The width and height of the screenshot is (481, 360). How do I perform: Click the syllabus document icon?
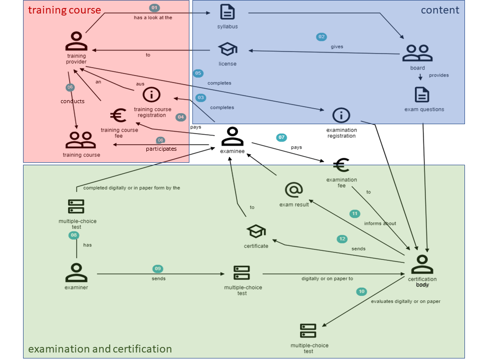pyautogui.click(x=227, y=12)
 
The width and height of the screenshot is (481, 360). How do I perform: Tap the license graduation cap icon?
pyautogui.click(x=227, y=49)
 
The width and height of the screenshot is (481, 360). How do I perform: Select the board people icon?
pyautogui.click(x=417, y=53)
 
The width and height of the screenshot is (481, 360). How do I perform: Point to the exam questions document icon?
pyautogui.click(x=422, y=94)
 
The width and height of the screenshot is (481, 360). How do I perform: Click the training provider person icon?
pyautogui.click(x=76, y=41)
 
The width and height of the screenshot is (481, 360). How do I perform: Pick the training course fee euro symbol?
pyautogui.click(x=118, y=116)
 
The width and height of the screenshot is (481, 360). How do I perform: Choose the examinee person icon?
pyautogui.click(x=232, y=136)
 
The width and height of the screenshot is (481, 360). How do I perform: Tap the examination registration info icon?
pyautogui.click(x=341, y=115)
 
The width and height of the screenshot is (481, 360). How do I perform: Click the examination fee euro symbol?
pyautogui.click(x=341, y=165)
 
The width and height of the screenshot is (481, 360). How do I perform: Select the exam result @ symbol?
pyautogui.click(x=294, y=190)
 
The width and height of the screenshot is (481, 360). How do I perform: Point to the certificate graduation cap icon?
pyautogui.click(x=256, y=231)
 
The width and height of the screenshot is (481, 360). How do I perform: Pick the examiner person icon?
pyautogui.click(x=76, y=273)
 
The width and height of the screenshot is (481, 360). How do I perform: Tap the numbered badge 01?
pyautogui.click(x=155, y=8)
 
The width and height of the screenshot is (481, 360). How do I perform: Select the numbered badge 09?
pyautogui.click(x=158, y=269)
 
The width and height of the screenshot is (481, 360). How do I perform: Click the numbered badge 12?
pyautogui.click(x=342, y=239)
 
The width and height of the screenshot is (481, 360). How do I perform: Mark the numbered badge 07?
pyautogui.click(x=282, y=137)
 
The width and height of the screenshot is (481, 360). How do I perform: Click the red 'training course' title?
pyautogui.click(x=65, y=10)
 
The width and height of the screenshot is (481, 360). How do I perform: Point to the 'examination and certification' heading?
pyautogui.click(x=100, y=349)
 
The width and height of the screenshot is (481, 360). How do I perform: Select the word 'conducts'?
pyautogui.click(x=73, y=101)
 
